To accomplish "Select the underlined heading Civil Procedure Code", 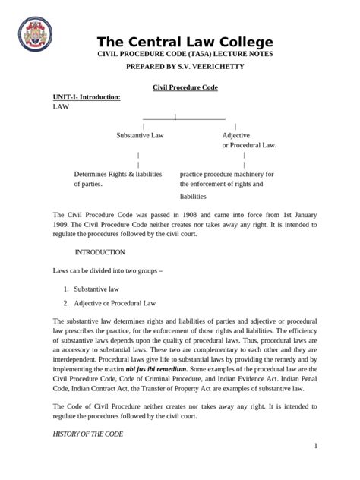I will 185,88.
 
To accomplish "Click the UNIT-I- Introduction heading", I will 86,98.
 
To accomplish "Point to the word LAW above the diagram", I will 60,108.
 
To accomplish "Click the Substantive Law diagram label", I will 140,135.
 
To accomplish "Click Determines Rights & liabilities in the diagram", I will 117,174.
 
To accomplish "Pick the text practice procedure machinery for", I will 226,174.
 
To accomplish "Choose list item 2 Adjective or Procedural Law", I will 114,303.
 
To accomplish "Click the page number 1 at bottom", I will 314,446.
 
